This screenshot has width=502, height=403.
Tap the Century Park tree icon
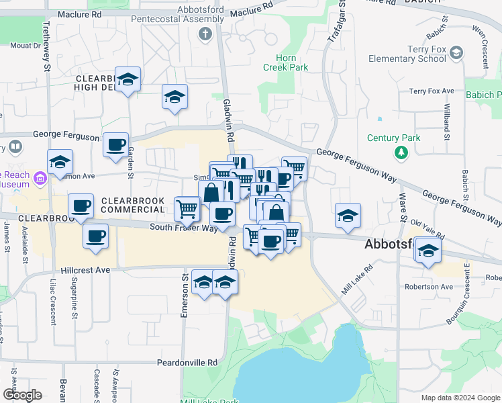tap(401, 153)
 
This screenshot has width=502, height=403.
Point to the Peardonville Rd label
tap(188, 363)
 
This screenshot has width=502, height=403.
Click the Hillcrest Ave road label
tap(85, 269)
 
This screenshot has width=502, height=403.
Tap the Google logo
tap(21, 395)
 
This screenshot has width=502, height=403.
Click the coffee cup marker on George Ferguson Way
tap(115, 144)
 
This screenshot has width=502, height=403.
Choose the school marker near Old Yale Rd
tap(428, 251)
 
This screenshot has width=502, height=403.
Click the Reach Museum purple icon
tap(40, 179)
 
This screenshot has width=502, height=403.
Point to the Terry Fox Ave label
tap(432, 91)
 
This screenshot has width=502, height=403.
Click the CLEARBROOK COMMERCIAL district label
tap(133, 205)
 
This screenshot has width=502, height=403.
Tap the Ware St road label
tap(403, 207)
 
